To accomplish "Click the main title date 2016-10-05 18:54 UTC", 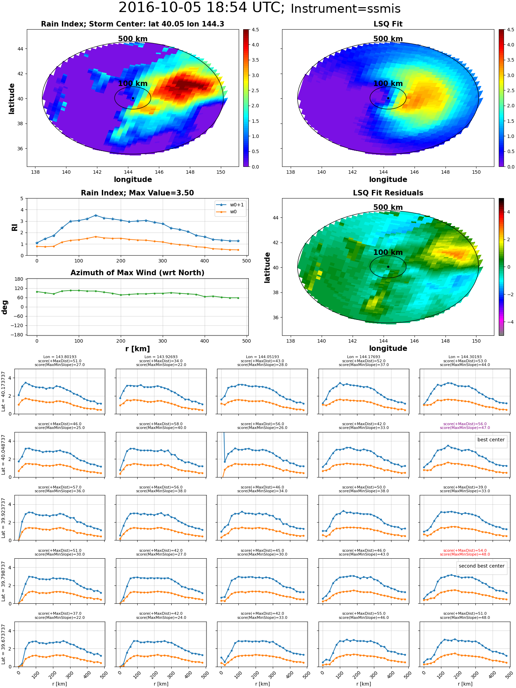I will point(201,8).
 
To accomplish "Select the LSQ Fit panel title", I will point(388,24).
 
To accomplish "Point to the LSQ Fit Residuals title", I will point(388,193).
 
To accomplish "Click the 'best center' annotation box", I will point(491,440).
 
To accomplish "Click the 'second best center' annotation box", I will point(481,566).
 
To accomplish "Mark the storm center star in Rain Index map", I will point(133,98).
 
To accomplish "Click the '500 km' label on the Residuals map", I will point(388,207).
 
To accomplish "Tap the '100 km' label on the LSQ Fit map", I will point(388,84).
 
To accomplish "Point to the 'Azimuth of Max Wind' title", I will point(137,273).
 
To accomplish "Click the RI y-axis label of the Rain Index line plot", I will point(14,227).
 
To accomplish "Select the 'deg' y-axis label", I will point(5,307).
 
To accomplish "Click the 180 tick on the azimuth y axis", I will point(19,279).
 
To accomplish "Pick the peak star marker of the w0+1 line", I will point(96,215).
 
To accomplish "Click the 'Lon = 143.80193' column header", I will point(60,357).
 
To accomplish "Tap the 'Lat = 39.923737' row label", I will point(3,518).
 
